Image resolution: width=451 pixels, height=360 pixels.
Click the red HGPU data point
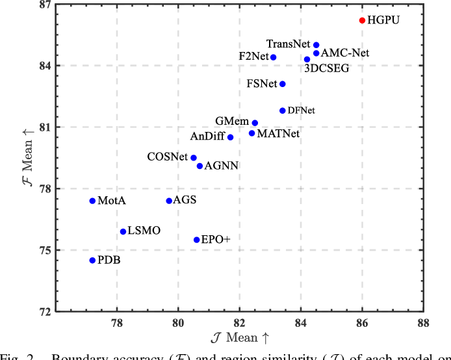click(363, 20)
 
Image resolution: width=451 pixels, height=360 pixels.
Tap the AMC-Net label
click(345, 53)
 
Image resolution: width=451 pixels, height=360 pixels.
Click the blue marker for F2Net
click(274, 57)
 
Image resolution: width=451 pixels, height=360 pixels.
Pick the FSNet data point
click(283, 84)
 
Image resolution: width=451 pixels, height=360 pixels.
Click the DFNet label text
click(301, 111)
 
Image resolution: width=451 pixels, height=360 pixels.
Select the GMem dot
click(255, 123)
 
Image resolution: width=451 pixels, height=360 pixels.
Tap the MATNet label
click(278, 134)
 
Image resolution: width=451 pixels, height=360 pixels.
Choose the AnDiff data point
click(231, 137)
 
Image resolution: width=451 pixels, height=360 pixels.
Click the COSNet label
click(168, 157)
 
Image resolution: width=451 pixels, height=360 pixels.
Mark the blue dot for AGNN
click(200, 166)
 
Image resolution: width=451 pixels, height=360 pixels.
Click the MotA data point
click(92, 201)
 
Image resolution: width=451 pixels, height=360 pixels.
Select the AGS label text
click(185, 200)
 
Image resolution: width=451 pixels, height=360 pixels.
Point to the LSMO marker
click(123, 231)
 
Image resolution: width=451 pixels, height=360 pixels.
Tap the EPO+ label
click(216, 240)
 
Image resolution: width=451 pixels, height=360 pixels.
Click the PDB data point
click(92, 260)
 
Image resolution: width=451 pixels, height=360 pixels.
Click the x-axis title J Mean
click(240, 337)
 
